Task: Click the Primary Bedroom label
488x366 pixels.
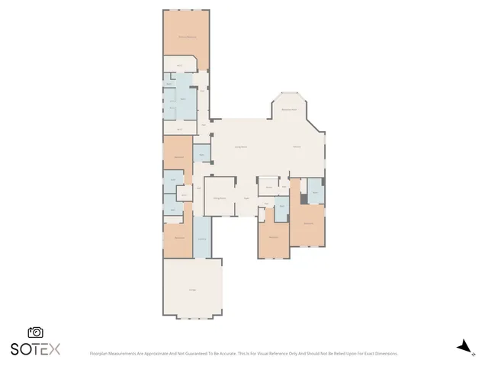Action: (x=186, y=37)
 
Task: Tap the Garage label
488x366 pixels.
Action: (x=192, y=290)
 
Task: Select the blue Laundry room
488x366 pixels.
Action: (x=201, y=238)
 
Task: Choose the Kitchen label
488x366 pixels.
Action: (x=297, y=146)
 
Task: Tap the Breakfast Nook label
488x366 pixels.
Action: (x=289, y=110)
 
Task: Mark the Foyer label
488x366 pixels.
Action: (x=246, y=199)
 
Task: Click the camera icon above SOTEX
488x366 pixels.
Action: (x=35, y=332)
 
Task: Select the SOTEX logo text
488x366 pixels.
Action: (x=35, y=349)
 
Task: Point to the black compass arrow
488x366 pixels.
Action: (x=462, y=347)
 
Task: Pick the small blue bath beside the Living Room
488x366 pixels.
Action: (x=201, y=155)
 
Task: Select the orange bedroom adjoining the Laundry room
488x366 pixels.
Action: (x=179, y=239)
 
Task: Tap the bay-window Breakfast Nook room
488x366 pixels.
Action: (x=289, y=107)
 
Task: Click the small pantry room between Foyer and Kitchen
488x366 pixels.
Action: (x=269, y=187)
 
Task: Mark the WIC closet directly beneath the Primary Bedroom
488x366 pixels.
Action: (x=180, y=66)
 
